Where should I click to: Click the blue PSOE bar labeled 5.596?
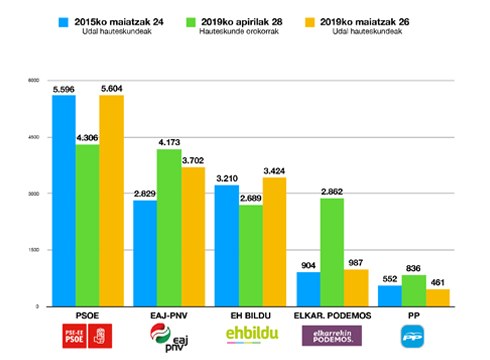64,200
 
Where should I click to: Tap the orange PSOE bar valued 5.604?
112,200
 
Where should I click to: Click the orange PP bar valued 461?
437,297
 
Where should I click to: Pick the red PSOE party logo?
88,340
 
